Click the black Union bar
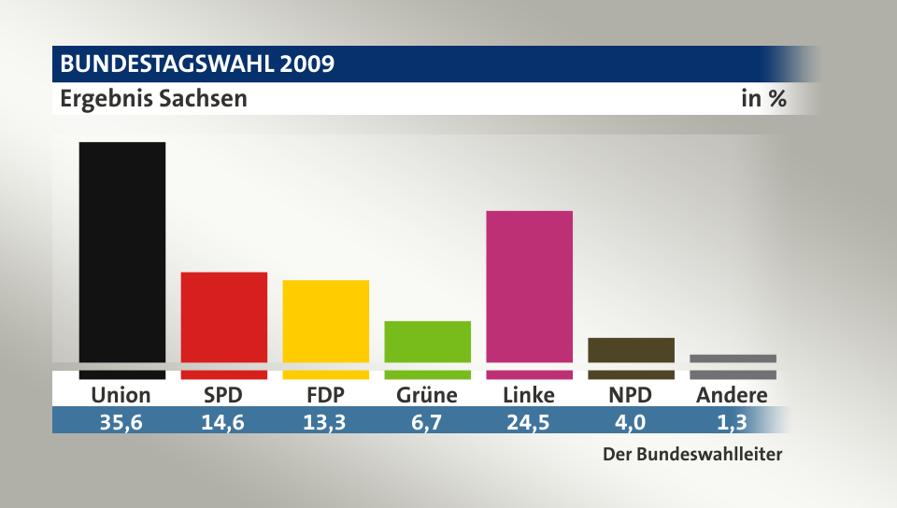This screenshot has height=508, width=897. tap(122, 252)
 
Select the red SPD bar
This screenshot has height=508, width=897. tap(224, 317)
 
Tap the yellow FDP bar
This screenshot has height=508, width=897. tap(326, 321)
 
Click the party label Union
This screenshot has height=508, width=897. tap(121, 395)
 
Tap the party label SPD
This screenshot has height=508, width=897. tap(224, 395)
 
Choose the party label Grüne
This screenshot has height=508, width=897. tap(427, 395)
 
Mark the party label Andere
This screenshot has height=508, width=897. tap(732, 395)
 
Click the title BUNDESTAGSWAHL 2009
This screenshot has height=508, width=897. tap(197, 64)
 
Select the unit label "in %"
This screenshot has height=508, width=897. tap(763, 98)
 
